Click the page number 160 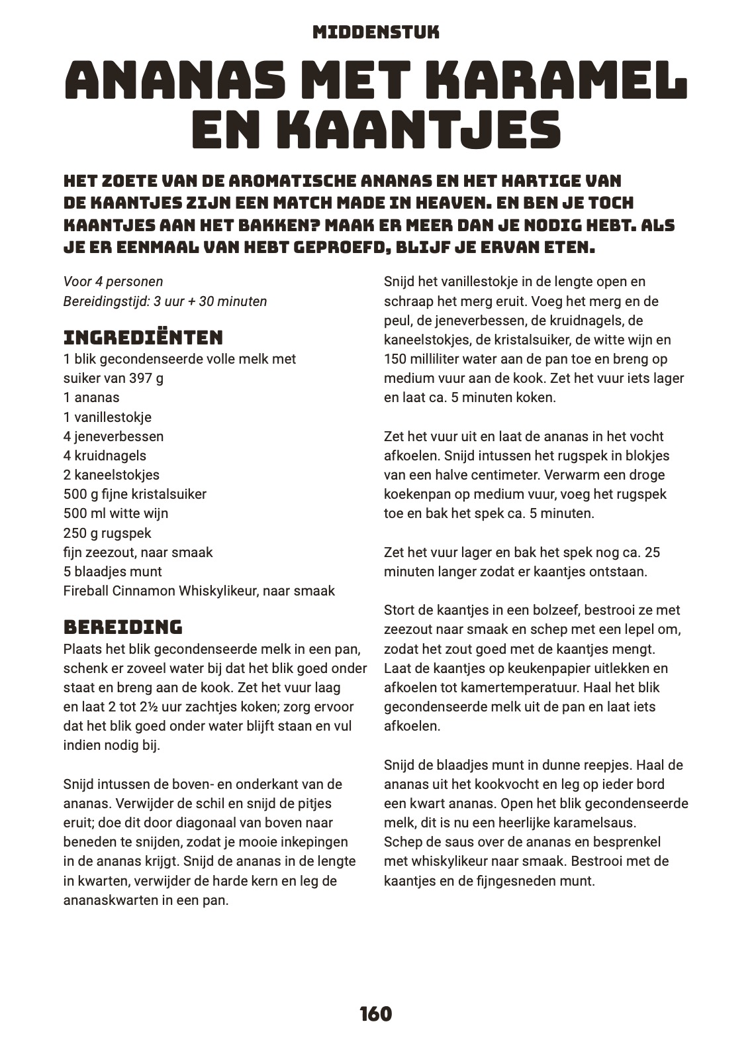376,1014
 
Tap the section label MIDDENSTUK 376,32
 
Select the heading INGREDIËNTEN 143,337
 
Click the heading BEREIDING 123,627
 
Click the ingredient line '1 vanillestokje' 108,417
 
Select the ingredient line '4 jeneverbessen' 113,437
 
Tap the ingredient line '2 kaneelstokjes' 111,475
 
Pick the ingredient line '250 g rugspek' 107,533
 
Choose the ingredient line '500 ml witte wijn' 116,513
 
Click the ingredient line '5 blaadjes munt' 113,572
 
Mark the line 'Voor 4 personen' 113,282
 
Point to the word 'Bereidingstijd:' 107,301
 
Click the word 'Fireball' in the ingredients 86,591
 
